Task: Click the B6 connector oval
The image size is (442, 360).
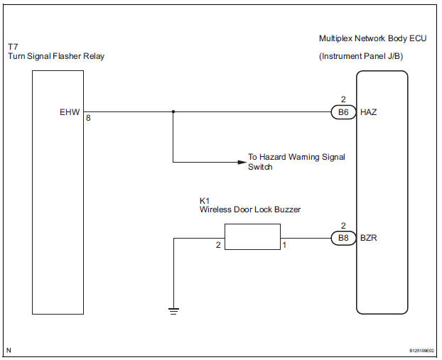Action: click(x=343, y=112)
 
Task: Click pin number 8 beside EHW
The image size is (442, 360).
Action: click(x=89, y=118)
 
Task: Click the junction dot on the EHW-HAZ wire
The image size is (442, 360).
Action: click(x=173, y=111)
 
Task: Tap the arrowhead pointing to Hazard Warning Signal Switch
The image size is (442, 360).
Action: click(x=240, y=162)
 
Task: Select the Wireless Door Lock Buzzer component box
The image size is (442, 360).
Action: click(x=252, y=236)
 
